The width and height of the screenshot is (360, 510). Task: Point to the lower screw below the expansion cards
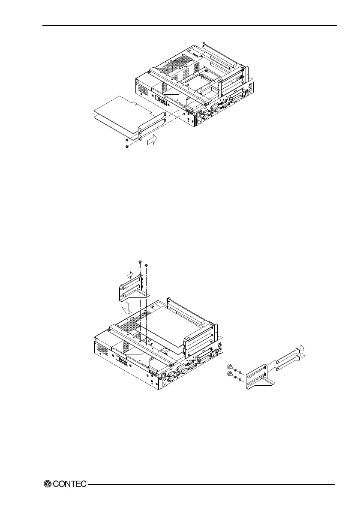127,147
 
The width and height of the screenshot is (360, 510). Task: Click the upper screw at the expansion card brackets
127,139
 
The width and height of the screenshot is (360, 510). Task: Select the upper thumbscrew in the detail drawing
230,367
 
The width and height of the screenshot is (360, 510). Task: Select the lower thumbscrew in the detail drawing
230,376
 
